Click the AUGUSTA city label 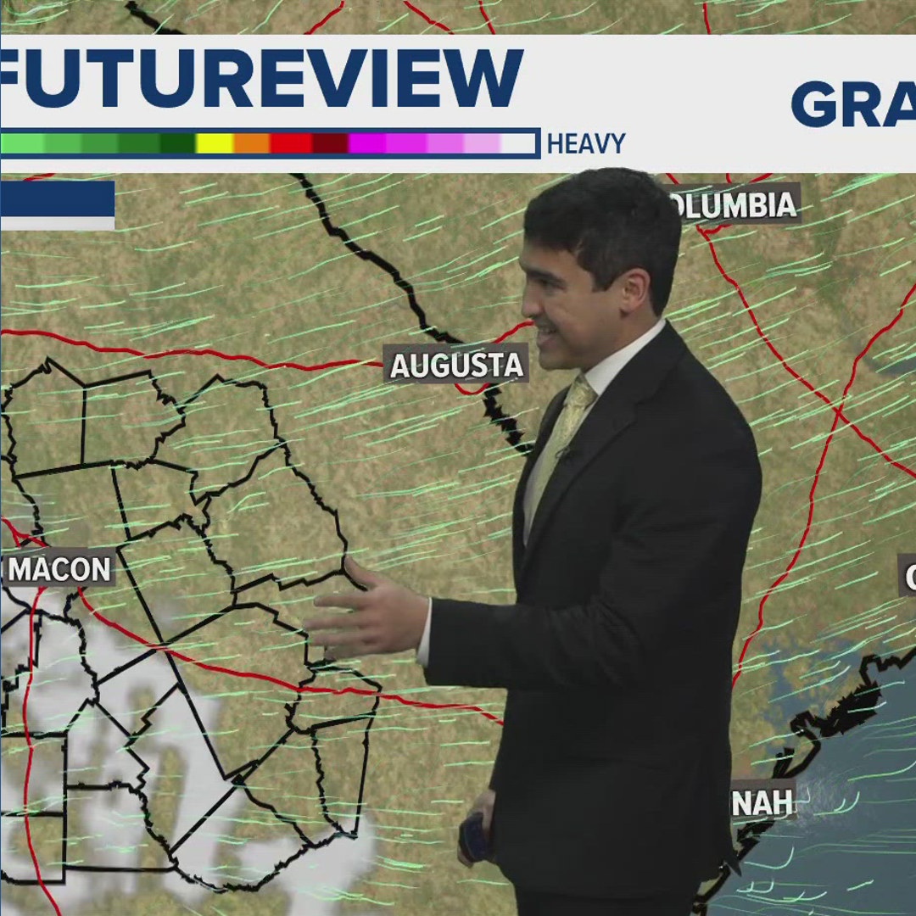click(456, 366)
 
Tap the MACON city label click(59, 569)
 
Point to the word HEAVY click(585, 144)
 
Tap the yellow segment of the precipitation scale click(215, 143)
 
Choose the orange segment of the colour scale click(252, 143)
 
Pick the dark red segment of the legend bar click(330, 143)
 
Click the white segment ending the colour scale click(518, 143)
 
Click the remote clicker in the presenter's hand click(473, 835)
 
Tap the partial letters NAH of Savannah click(762, 802)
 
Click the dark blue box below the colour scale click(57, 199)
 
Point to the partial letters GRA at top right click(852, 104)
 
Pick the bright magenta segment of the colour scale click(367, 143)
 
